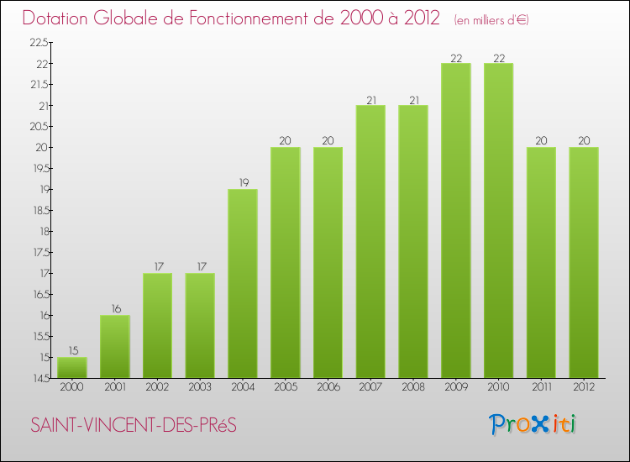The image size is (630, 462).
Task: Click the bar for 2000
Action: (71, 368)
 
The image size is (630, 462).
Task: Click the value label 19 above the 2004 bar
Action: (242, 182)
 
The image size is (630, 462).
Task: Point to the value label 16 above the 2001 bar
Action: (114, 308)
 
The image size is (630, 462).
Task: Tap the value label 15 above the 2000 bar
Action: (71, 350)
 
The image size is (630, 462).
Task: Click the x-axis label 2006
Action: (328, 387)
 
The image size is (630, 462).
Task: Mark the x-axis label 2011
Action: (541, 387)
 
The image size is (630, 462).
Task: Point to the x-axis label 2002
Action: (157, 387)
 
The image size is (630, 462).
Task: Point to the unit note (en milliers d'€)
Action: (491, 19)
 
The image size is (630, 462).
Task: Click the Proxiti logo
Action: (533, 424)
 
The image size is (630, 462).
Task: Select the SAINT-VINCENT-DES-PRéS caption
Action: (134, 425)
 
